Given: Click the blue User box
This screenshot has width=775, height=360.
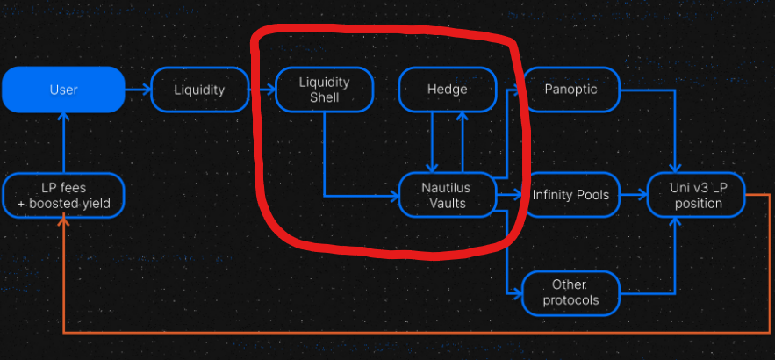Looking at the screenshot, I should [63, 90].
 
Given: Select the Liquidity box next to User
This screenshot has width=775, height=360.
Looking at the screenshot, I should [199, 90].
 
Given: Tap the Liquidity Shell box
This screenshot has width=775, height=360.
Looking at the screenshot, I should [324, 90].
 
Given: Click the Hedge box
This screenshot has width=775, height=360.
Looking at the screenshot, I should [447, 90].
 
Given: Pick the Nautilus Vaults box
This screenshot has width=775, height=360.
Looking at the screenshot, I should [447, 195].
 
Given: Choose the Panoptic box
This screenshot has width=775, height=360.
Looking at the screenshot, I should [571, 90].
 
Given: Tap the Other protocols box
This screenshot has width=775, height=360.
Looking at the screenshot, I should [570, 292].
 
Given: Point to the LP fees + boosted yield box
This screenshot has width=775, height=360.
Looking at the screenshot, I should [63, 195].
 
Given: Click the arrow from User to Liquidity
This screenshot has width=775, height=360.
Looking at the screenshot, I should [138, 90].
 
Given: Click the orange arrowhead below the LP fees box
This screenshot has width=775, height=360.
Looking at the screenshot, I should [63, 222].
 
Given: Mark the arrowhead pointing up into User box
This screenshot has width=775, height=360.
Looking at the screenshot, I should [63, 119].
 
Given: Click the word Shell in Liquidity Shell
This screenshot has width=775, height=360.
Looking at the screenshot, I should [324, 97].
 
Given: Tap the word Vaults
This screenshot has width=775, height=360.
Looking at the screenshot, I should [447, 204].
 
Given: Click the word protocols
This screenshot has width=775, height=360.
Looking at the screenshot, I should [570, 300].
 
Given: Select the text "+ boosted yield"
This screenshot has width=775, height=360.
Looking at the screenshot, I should [63, 204].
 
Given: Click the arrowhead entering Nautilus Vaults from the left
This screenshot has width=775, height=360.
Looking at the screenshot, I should [394, 195].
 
